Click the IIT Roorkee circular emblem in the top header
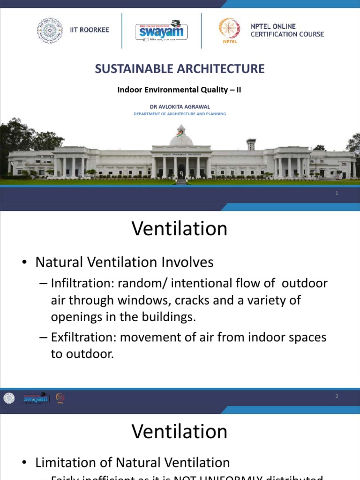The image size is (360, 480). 50,30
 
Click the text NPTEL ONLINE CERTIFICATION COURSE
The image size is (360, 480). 287,30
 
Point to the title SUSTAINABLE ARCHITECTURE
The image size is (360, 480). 180,69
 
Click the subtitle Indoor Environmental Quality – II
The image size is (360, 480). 180,90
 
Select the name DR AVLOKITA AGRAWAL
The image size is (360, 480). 180,106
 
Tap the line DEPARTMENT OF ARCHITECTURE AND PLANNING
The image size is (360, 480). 180,114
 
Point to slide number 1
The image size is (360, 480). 337,194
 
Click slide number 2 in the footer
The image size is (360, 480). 337,397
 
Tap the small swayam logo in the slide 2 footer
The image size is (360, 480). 35,398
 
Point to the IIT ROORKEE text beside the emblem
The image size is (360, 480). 89,30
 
